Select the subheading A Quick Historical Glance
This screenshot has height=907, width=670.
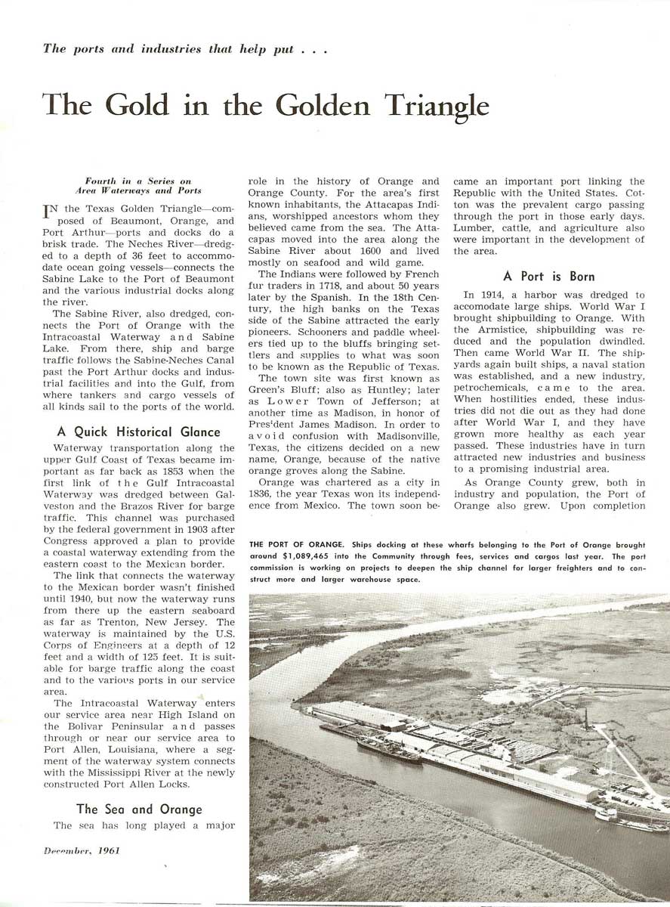(x=139, y=432)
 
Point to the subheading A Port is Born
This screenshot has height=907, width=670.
(x=549, y=277)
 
